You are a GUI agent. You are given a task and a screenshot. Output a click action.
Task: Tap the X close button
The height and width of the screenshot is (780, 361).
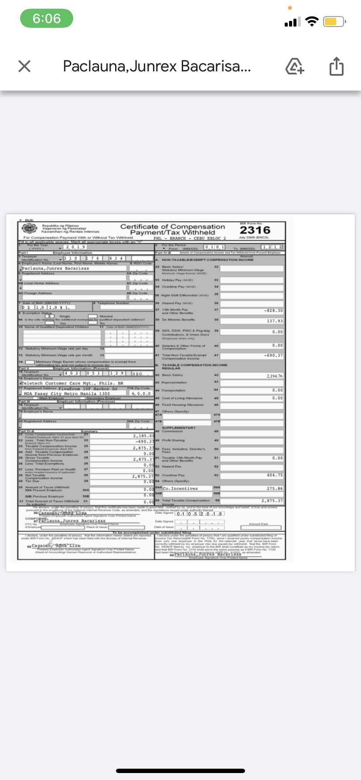(x=24, y=66)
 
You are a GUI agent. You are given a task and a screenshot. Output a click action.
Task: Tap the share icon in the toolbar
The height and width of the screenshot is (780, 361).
(x=336, y=67)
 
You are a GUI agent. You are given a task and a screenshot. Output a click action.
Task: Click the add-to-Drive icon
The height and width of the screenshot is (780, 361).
(x=294, y=67)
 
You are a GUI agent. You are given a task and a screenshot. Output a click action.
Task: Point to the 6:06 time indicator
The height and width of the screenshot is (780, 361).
(x=47, y=19)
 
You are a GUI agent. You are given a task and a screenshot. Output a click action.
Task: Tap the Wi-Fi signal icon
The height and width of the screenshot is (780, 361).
(x=312, y=22)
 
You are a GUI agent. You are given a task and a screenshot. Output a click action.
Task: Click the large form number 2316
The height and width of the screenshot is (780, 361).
(x=255, y=230)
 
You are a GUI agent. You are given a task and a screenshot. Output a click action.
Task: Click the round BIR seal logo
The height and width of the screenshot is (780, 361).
(x=30, y=229)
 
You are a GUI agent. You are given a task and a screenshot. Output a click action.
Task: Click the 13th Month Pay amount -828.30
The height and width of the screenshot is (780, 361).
(x=273, y=311)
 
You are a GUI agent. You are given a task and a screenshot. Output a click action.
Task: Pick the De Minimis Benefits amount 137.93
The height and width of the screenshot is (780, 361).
(x=275, y=321)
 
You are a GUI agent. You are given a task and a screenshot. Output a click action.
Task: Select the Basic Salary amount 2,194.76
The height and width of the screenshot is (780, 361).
(x=274, y=376)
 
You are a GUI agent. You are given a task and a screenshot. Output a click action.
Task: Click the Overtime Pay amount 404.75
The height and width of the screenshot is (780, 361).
(x=275, y=475)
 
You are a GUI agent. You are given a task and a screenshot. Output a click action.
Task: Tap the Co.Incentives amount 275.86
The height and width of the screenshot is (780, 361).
(x=275, y=489)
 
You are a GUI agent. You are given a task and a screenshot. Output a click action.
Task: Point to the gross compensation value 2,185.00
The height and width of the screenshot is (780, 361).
(x=143, y=435)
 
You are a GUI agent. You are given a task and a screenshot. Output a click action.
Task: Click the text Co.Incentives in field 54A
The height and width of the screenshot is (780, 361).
(x=180, y=489)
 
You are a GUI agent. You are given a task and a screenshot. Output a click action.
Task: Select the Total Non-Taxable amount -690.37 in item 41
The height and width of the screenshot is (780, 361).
(x=273, y=356)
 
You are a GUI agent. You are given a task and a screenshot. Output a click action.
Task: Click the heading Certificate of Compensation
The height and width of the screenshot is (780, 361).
(x=173, y=227)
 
